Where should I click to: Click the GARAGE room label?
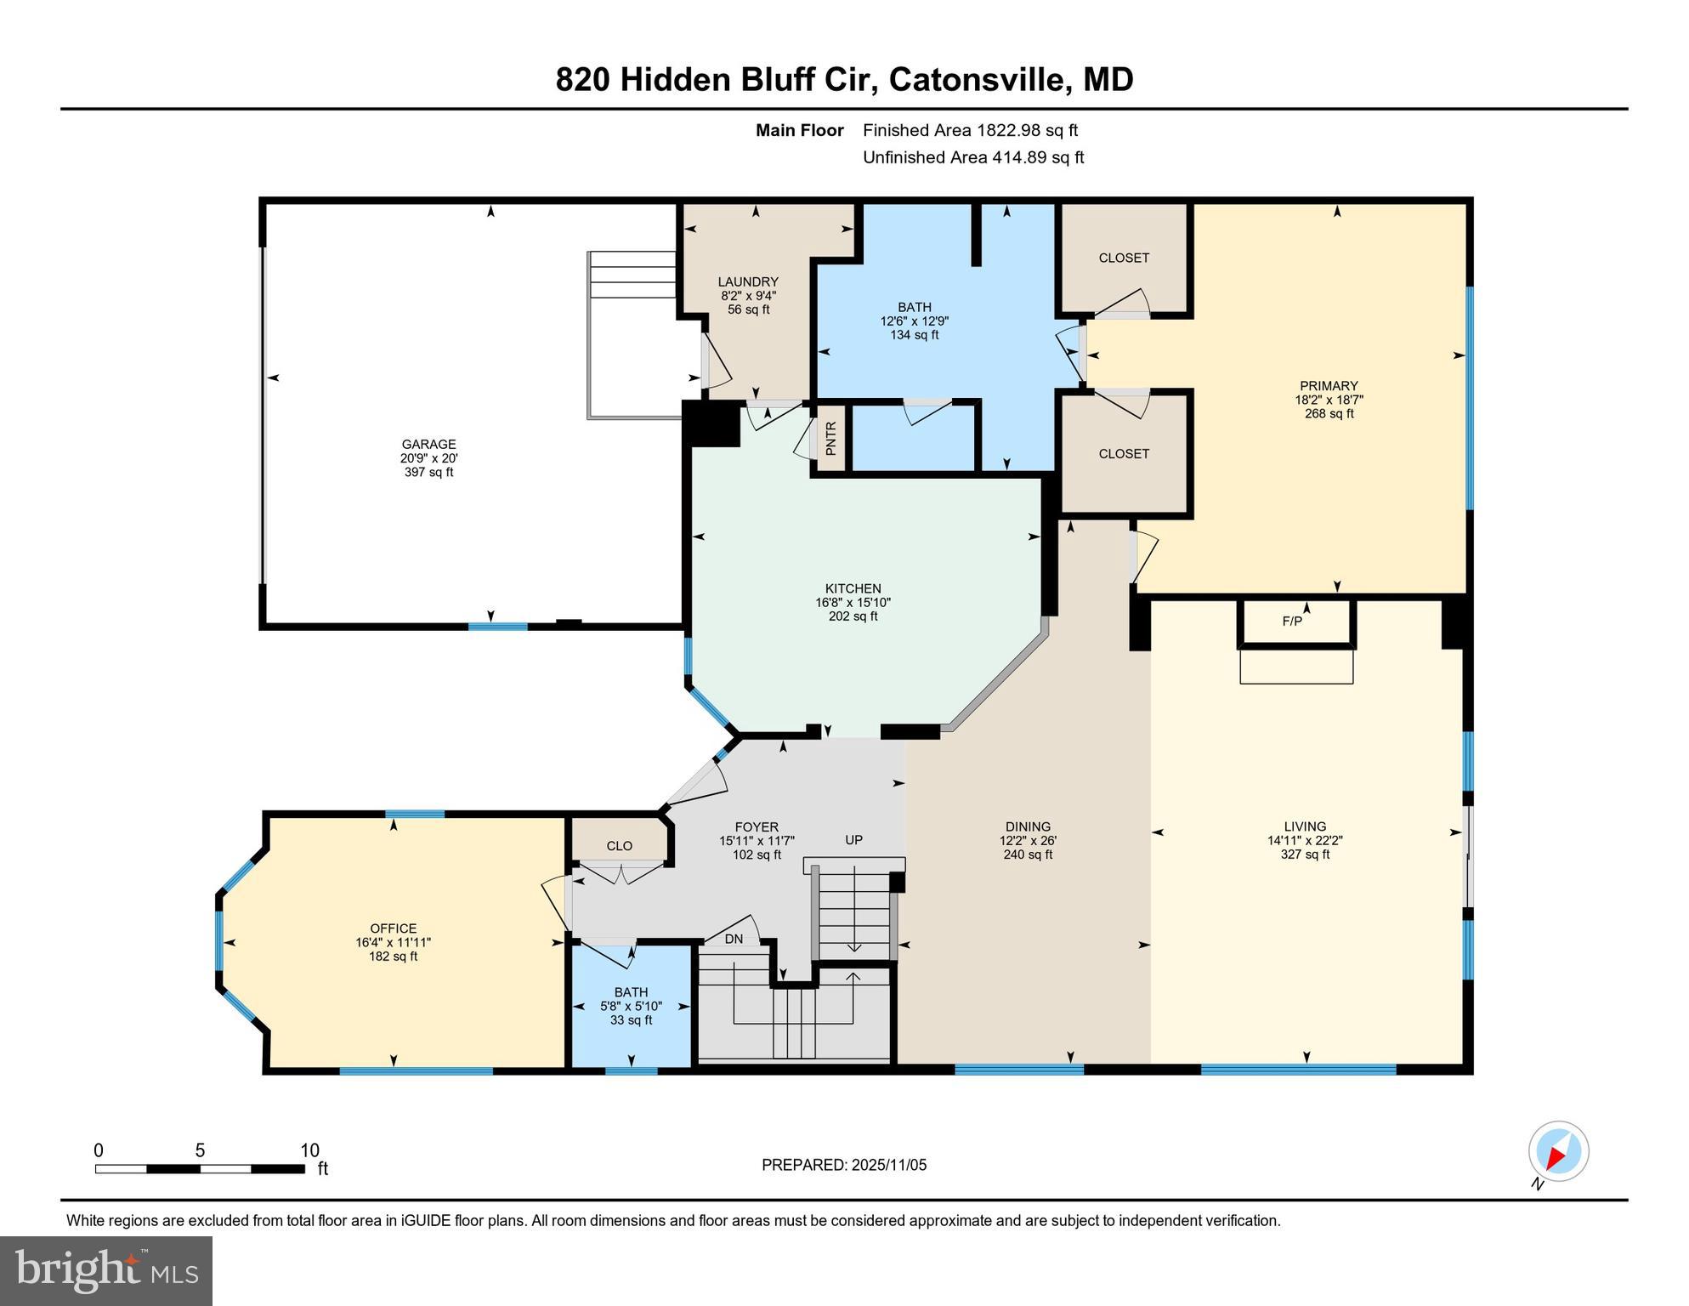point(428,444)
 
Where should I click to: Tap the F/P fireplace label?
point(1291,622)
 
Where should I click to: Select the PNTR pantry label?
point(830,438)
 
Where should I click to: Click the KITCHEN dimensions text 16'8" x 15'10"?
point(853,603)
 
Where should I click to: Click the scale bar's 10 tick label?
point(309,1150)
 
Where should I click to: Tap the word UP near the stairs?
point(853,840)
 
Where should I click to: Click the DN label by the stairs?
point(734,940)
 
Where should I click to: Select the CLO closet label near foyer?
point(619,846)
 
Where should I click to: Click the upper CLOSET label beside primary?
point(1123,258)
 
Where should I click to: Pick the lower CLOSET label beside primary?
point(1123,454)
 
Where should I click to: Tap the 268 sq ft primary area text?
point(1329,414)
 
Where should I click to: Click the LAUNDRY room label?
point(747,282)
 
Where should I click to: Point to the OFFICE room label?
point(393,928)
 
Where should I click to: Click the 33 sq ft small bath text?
point(631,1020)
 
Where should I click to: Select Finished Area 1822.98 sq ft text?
point(970,130)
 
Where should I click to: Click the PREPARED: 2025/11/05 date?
point(843,1165)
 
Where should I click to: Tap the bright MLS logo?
point(106,1270)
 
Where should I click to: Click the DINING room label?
point(1027,826)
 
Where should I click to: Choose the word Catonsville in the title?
point(978,80)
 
